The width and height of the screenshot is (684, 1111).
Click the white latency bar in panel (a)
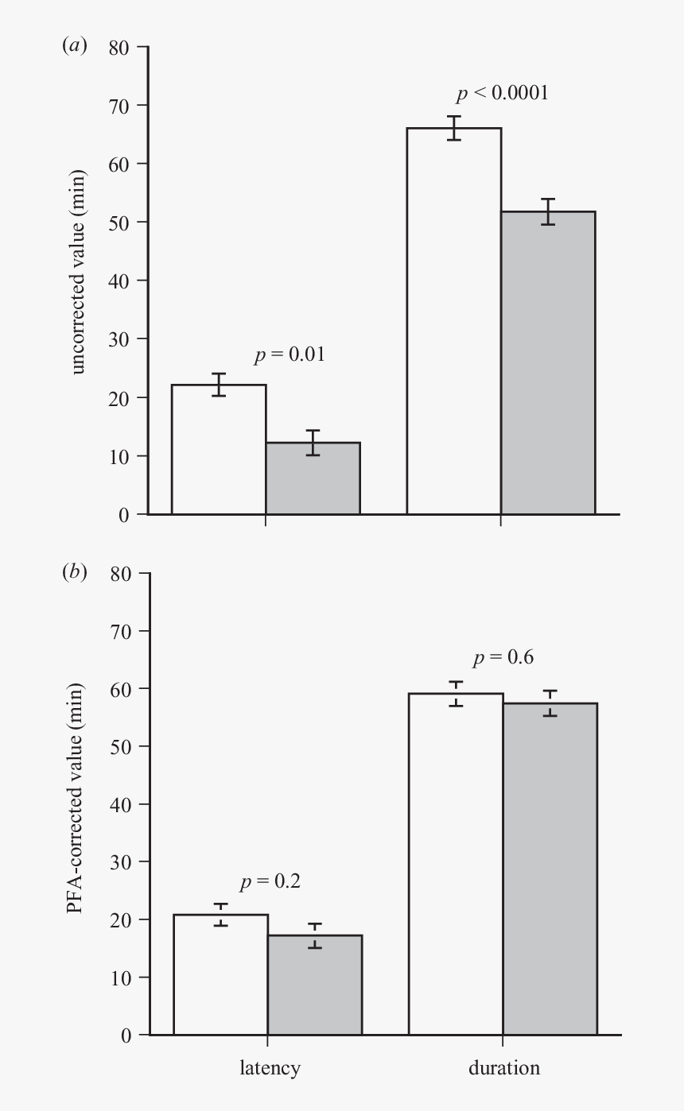pyautogui.click(x=219, y=449)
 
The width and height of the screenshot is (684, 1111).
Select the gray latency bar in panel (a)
pyautogui.click(x=313, y=478)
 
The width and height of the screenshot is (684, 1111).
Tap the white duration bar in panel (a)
pyautogui.click(x=453, y=321)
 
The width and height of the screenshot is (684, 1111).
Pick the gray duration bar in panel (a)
pyautogui.click(x=548, y=362)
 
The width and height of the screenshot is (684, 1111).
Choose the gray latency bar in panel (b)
pyautogui.click(x=314, y=985)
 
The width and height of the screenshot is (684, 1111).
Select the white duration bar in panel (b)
pyautogui.click(x=456, y=864)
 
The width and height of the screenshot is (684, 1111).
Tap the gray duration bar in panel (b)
pyautogui.click(x=550, y=869)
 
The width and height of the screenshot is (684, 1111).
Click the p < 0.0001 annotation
pyautogui.click(x=502, y=93)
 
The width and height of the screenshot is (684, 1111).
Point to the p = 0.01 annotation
pyautogui.click(x=289, y=354)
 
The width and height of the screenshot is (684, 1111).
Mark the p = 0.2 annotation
pyautogui.click(x=270, y=881)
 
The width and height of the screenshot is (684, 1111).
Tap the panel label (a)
pyautogui.click(x=75, y=46)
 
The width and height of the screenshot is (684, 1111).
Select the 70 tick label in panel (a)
pyautogui.click(x=119, y=105)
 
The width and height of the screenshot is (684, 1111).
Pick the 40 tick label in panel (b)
pyautogui.click(x=119, y=803)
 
